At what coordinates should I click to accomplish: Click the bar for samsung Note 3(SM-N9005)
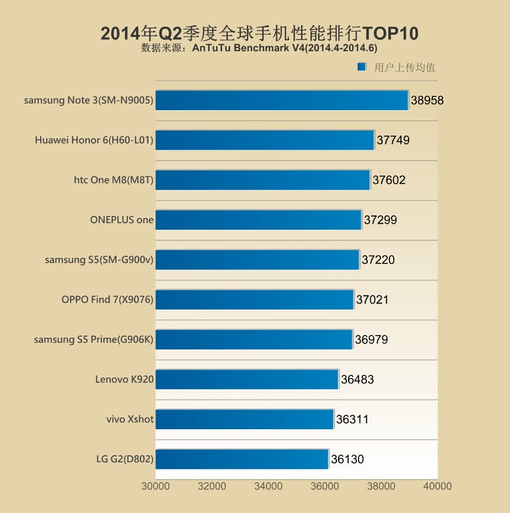point(281,100)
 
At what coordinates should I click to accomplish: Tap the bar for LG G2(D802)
point(242,458)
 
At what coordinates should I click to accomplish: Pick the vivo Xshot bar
point(245,419)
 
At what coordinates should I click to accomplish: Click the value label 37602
point(389,180)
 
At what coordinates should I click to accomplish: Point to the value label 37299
point(380,220)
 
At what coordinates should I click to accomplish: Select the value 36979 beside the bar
point(371,339)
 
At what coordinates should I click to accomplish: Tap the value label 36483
point(357,379)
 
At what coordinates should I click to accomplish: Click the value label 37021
point(372,300)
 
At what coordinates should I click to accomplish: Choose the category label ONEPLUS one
point(122,219)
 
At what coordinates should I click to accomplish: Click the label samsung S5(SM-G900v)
point(99,260)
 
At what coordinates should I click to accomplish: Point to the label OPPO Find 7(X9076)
point(107,300)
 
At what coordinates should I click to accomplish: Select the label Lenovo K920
point(124,379)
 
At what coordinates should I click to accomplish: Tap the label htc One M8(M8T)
point(113,180)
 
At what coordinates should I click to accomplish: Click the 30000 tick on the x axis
point(156,486)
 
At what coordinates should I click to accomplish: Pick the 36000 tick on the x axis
point(325,486)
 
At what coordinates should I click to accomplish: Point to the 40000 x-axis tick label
point(437,486)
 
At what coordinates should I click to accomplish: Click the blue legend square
point(362,67)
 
